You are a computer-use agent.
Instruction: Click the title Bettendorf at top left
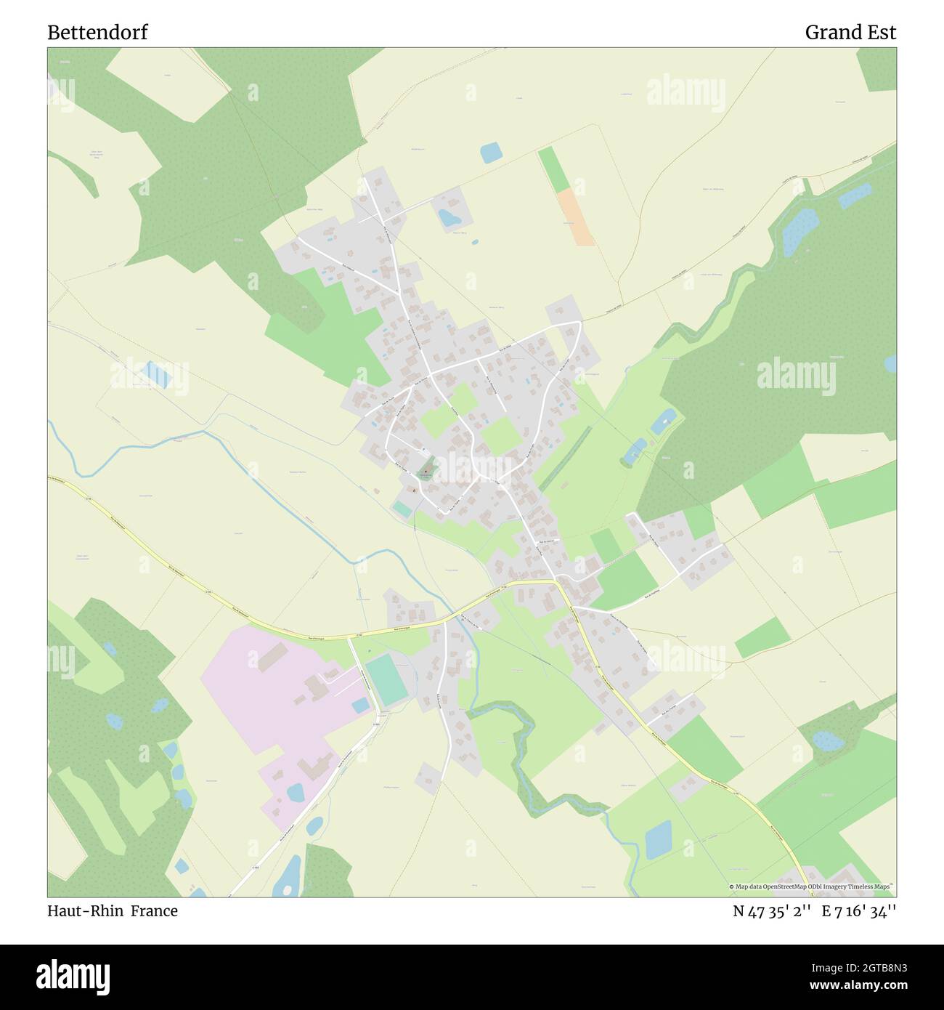point(97,33)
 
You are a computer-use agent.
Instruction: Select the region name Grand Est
point(850,33)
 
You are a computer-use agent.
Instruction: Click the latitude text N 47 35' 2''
point(771,910)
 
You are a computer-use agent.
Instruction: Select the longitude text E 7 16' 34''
point(859,910)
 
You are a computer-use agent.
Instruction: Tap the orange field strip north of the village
point(576,217)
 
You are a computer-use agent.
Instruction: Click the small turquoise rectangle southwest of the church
point(402,509)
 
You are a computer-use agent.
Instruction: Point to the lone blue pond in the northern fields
point(491,153)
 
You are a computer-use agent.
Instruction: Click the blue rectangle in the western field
point(157,373)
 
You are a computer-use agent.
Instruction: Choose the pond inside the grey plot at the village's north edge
point(447,217)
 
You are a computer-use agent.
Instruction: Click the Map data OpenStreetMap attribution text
point(811,886)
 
